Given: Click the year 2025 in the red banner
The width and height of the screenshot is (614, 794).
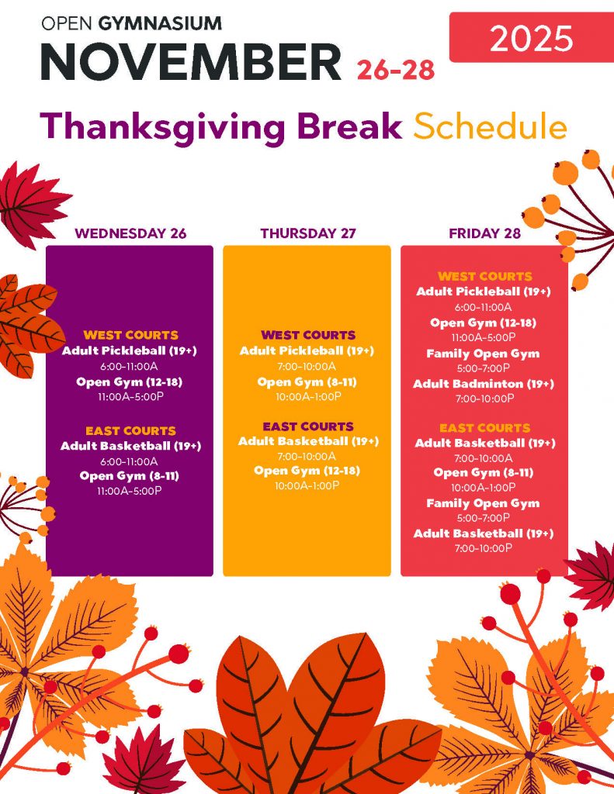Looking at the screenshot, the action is pyautogui.click(x=532, y=39).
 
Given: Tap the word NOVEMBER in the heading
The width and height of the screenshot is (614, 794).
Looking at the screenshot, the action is pyautogui.click(x=191, y=62).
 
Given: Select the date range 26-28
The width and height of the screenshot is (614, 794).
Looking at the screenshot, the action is pyautogui.click(x=396, y=69).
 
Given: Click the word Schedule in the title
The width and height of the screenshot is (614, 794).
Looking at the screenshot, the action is pyautogui.click(x=490, y=126).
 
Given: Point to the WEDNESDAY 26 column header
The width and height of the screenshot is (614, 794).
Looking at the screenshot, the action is pyautogui.click(x=130, y=233).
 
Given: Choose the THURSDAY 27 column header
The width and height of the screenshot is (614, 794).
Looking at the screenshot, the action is pyautogui.click(x=308, y=233).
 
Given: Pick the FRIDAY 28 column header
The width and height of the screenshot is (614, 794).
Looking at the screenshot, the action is pyautogui.click(x=484, y=233).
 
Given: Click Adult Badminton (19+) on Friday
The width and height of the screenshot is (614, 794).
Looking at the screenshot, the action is pyautogui.click(x=484, y=384).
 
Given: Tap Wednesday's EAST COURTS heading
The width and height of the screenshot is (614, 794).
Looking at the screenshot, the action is pyautogui.click(x=130, y=431).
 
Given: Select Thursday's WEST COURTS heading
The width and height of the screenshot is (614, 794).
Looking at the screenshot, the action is pyautogui.click(x=308, y=335).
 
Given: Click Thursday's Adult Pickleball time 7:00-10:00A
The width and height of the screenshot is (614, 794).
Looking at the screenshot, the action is pyautogui.click(x=307, y=366).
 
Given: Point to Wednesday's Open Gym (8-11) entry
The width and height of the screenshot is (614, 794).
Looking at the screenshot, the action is pyautogui.click(x=130, y=476).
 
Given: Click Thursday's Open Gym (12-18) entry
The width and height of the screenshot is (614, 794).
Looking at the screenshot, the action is pyautogui.click(x=307, y=471).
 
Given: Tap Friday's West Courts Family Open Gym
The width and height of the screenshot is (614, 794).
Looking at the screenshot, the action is pyautogui.click(x=483, y=354).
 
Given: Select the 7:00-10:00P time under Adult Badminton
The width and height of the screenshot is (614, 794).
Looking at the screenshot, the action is pyautogui.click(x=484, y=399).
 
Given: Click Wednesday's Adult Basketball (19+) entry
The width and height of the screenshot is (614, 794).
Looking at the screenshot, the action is pyautogui.click(x=131, y=446).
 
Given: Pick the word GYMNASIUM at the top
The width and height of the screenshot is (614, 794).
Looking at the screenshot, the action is pyautogui.click(x=160, y=23).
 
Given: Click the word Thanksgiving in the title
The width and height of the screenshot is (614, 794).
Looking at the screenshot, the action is pyautogui.click(x=163, y=127).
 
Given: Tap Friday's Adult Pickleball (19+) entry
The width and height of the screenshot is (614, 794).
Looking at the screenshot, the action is pyautogui.click(x=484, y=292).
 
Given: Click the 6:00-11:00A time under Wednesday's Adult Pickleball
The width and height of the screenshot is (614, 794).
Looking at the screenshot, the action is pyautogui.click(x=129, y=366).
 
